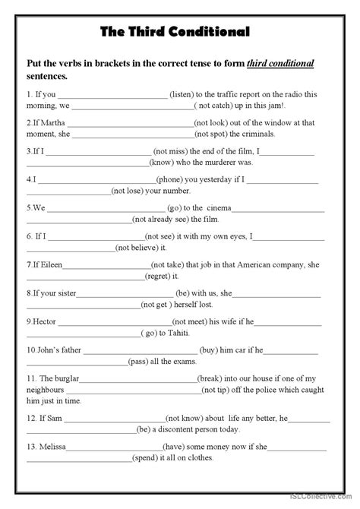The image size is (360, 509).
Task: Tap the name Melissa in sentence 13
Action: click(47, 446)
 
